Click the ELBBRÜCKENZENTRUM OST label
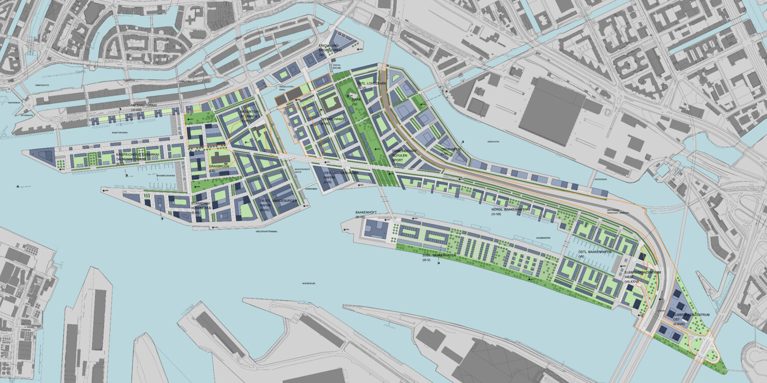click(690, 318)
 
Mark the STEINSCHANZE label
click(332, 122)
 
